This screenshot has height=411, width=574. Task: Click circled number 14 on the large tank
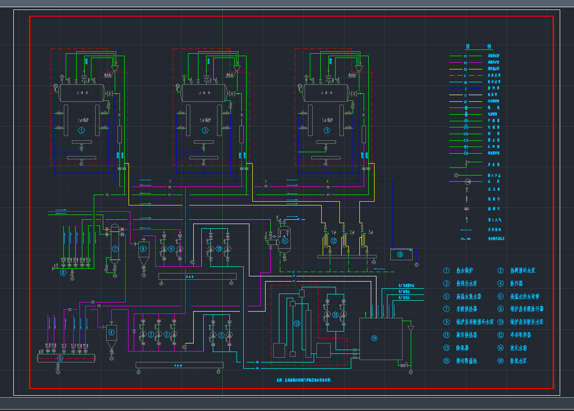point(374,338)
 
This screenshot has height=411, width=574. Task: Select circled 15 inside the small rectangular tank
point(400,255)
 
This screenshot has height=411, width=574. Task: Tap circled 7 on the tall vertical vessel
point(115,248)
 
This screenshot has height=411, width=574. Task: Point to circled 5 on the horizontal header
point(60,358)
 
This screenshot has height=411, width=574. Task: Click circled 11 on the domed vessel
point(285,241)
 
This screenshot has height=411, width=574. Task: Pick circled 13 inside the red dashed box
point(297,324)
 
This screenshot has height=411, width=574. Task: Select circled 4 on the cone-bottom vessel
point(111,333)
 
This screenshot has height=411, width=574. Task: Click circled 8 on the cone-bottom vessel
point(143,249)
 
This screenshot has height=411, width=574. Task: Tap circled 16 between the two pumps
point(335,314)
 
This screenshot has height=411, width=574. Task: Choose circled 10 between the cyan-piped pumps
point(218,248)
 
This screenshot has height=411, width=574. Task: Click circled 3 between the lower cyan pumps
point(221,335)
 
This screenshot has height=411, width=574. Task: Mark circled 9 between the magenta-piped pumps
point(171,249)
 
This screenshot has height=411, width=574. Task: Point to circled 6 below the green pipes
point(63,273)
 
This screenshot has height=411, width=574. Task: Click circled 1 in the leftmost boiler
point(81,130)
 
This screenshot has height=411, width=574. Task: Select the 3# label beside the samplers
point(371,233)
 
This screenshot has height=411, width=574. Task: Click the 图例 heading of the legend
point(479,47)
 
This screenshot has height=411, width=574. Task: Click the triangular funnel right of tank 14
point(411,329)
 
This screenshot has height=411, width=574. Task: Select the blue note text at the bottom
point(304,381)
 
